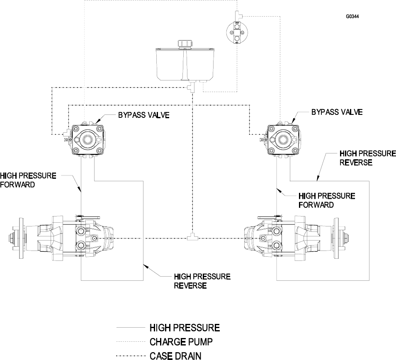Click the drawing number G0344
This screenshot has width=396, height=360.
(x=352, y=17)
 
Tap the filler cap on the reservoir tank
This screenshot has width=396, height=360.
(x=185, y=44)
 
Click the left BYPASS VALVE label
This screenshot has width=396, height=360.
(x=144, y=115)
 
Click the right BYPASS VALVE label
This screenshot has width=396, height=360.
(x=337, y=112)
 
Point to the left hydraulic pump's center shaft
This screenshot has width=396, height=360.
(x=88, y=139)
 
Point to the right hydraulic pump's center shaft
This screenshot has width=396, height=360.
(x=283, y=139)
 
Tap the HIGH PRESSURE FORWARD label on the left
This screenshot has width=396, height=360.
(x=28, y=180)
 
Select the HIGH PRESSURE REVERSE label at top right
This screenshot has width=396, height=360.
(x=367, y=158)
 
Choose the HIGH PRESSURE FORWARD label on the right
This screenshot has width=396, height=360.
(x=327, y=200)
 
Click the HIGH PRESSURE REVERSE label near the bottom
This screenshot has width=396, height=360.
(x=202, y=281)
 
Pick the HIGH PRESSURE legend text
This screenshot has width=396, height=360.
(x=185, y=328)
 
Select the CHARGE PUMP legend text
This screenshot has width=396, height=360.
(x=181, y=342)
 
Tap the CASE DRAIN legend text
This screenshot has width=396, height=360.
(x=175, y=356)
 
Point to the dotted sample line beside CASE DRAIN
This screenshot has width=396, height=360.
(x=131, y=356)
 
